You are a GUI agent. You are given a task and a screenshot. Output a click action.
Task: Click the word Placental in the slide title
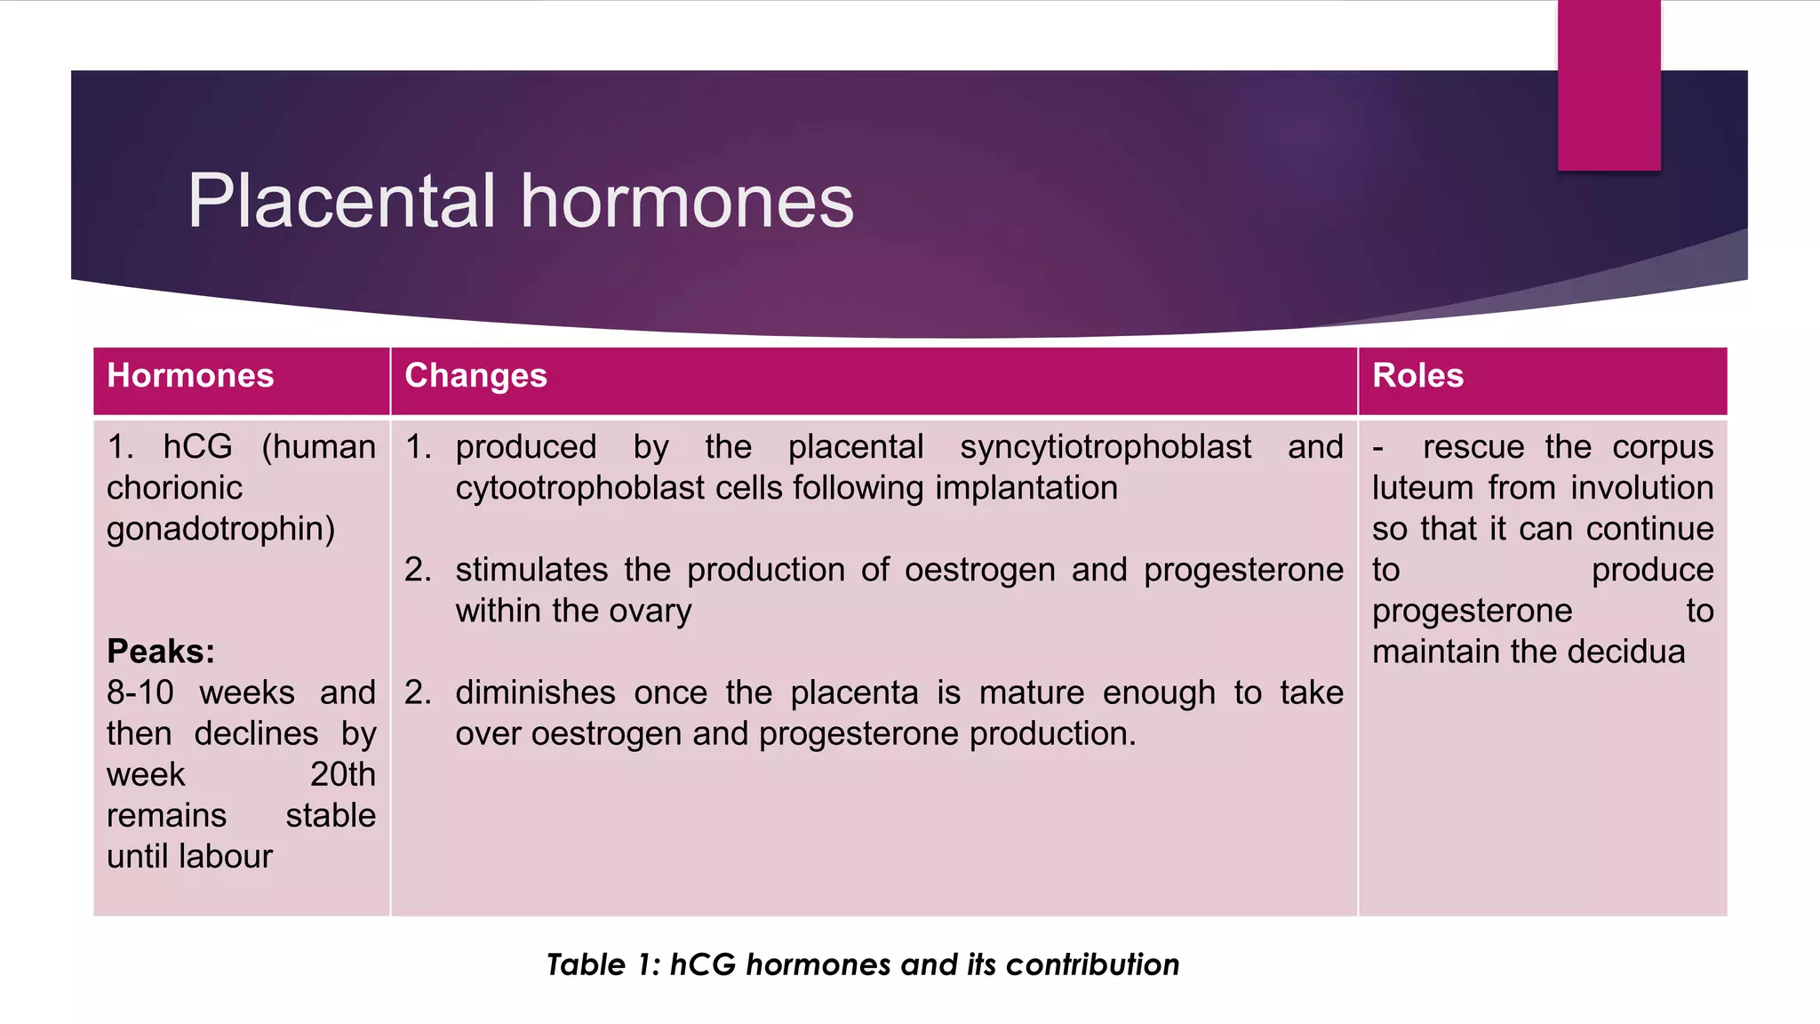[341, 202]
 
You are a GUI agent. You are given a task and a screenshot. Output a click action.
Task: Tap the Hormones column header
[190, 376]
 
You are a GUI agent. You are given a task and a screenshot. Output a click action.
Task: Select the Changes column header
[475, 376]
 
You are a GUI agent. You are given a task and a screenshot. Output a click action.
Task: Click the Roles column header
[1417, 376]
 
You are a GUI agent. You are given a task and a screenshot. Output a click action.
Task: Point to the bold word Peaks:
[161, 652]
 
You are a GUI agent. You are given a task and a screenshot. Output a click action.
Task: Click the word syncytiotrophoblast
[1105, 447]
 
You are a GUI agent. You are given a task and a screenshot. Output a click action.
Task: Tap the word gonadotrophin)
[220, 530]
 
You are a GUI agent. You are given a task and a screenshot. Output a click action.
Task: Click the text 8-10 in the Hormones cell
[140, 692]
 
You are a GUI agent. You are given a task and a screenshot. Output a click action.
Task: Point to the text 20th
[342, 774]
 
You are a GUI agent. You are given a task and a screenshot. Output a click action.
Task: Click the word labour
[228, 856]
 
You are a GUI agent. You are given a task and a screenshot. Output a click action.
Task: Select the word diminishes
[535, 692]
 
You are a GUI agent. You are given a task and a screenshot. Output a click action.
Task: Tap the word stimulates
[531, 570]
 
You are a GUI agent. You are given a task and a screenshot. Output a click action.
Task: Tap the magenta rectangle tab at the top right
[1608, 85]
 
